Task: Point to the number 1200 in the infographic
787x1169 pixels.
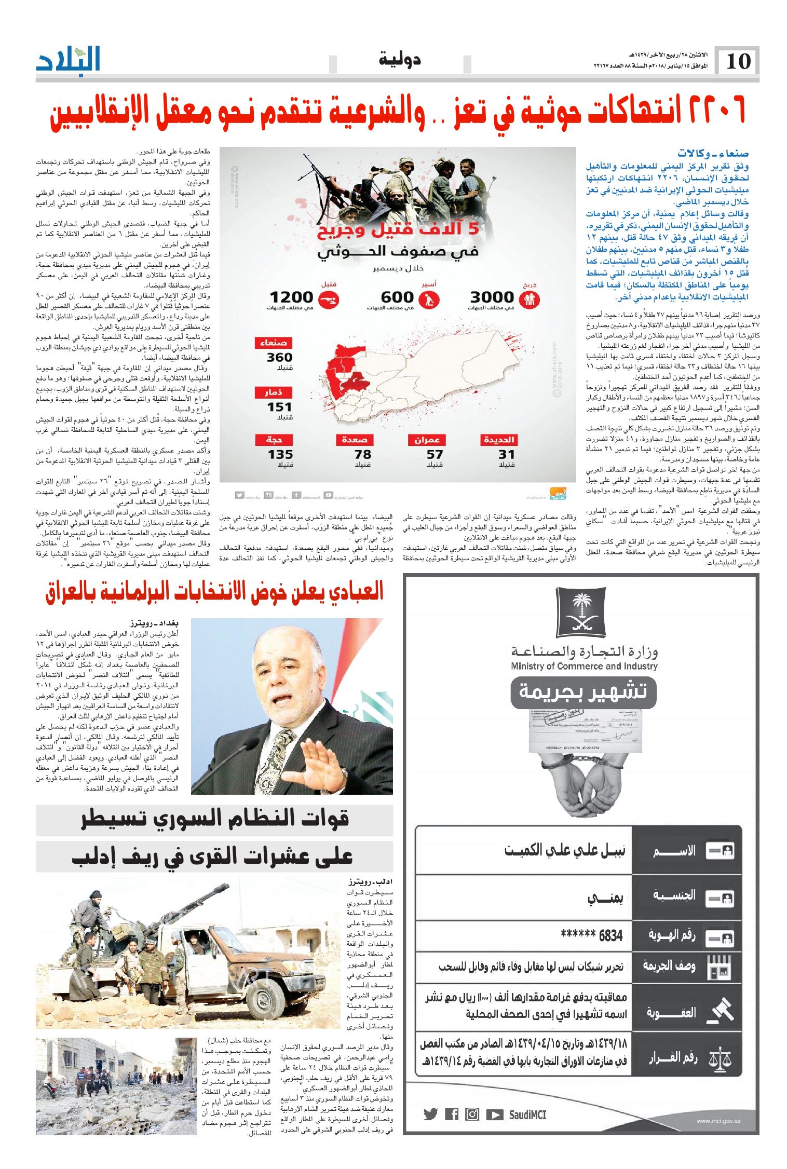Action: pos(291,297)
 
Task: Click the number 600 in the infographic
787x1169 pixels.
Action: pos(397,297)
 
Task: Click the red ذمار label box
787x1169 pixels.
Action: pos(274,393)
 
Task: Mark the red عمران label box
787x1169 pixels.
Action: pos(427,440)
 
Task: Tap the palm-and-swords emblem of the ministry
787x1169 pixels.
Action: pos(584,611)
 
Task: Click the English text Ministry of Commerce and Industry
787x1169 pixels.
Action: pos(584,666)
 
